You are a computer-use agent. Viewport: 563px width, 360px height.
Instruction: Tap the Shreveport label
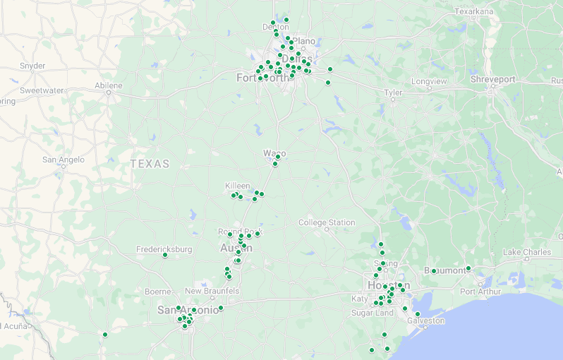[493, 80]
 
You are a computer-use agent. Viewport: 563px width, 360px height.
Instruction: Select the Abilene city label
[108, 85]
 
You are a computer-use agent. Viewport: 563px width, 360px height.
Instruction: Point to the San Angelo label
[63, 160]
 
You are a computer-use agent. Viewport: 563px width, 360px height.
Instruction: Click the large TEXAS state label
[150, 164]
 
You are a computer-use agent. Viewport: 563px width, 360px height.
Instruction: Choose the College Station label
[327, 222]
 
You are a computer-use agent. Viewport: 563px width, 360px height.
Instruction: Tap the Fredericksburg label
[164, 249]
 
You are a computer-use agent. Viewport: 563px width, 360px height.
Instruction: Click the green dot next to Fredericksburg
[164, 256]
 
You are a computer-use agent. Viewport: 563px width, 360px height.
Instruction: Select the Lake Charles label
[526, 252]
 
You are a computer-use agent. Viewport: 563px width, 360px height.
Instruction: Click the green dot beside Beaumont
[468, 268]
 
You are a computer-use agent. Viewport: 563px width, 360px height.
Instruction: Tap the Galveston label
[426, 320]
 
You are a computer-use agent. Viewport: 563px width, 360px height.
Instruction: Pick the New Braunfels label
[212, 291]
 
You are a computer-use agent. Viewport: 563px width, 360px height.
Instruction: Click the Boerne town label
[157, 292]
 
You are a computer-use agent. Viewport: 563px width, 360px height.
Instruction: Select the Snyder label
[32, 66]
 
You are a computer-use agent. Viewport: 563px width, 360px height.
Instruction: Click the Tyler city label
[392, 93]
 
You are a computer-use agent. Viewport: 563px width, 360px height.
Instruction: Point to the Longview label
[429, 81]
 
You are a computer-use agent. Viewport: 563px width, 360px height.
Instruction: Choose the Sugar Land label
[372, 313]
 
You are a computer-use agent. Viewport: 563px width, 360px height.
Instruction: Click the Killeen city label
[237, 186]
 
